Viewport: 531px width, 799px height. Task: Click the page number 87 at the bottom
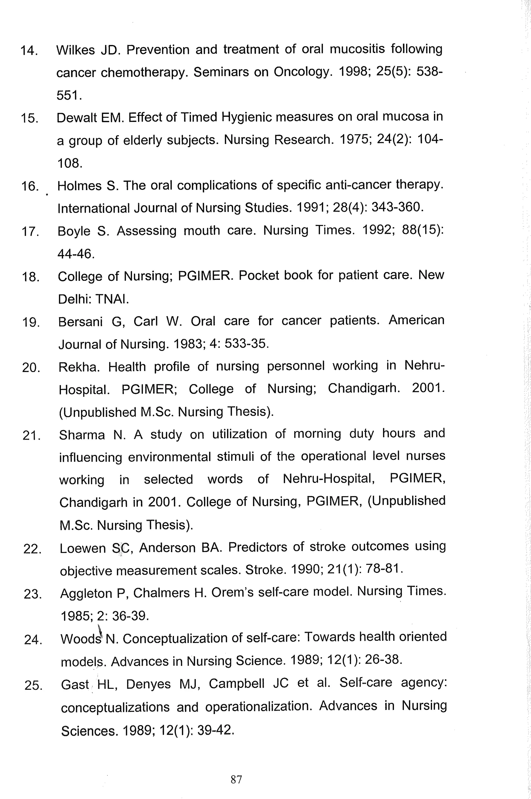point(236,779)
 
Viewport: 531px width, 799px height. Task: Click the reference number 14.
point(29,51)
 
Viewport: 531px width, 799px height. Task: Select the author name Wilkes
point(75,50)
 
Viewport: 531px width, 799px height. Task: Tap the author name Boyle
point(74,231)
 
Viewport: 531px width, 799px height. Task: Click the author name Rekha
point(79,367)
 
